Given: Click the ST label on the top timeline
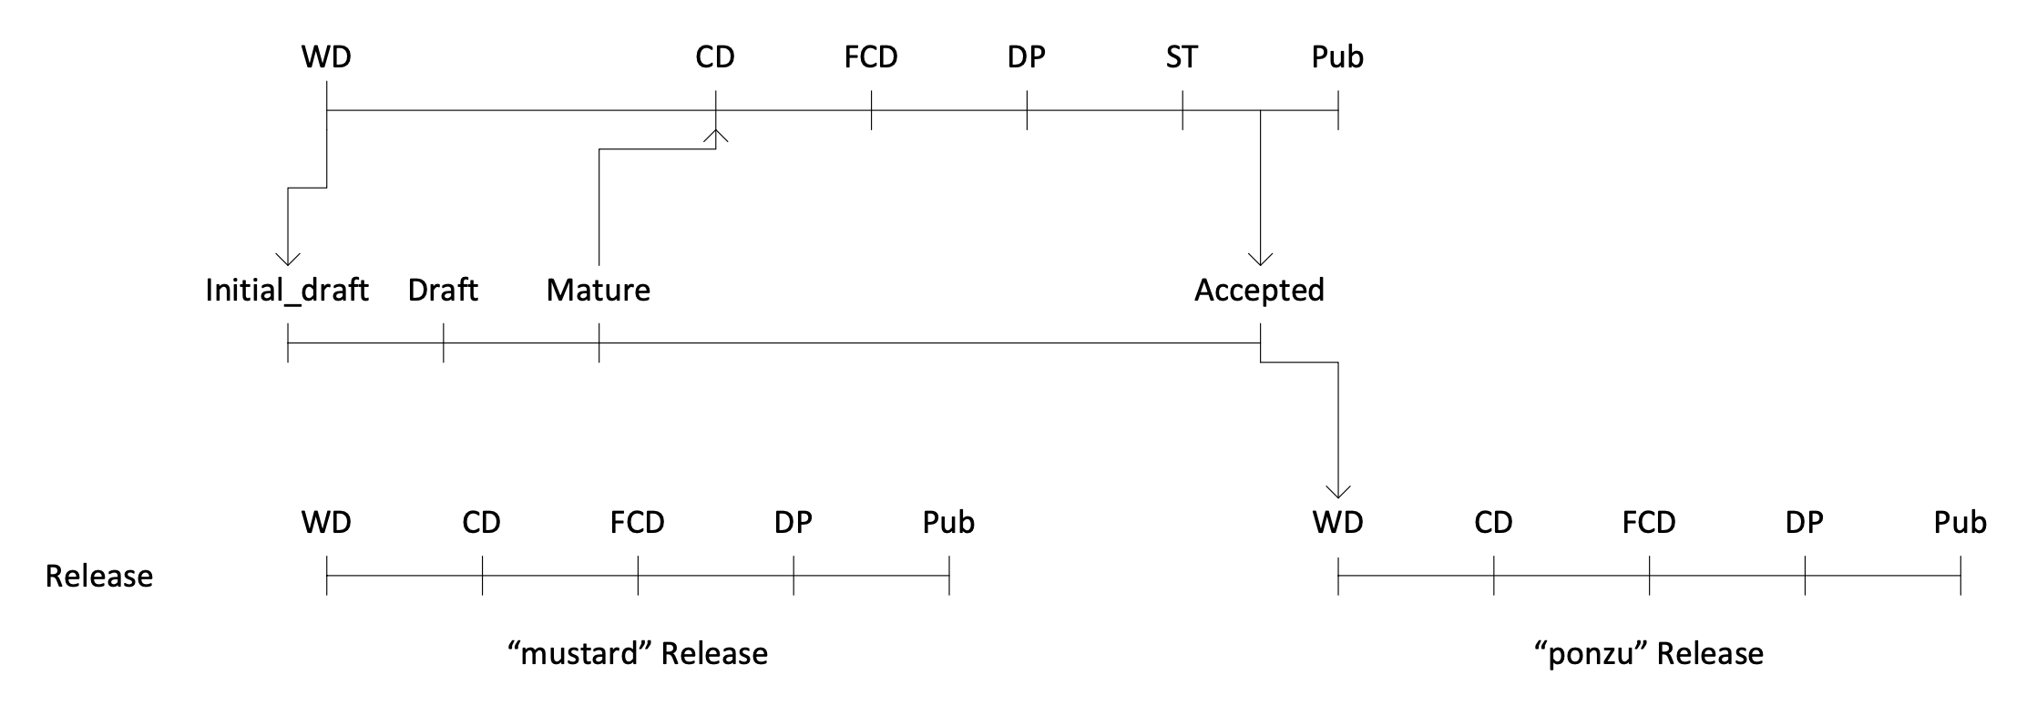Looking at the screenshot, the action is point(1182,57).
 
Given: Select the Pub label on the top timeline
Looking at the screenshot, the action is point(1337,57).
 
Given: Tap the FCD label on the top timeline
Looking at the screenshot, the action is point(871,57).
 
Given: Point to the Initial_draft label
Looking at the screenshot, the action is point(287,291).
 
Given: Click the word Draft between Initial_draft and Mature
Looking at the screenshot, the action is point(443,291).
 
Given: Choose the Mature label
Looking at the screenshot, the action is point(599,291).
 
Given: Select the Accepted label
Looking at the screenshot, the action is point(1259,291).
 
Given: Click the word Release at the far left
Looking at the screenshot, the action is point(99,577).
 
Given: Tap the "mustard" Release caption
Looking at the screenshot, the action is point(638,654).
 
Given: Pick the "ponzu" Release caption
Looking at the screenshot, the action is point(1649,654).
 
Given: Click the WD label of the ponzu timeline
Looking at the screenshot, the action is point(1337,523).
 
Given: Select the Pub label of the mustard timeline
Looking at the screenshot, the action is point(948,523).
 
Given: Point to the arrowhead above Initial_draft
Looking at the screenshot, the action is point(288,259).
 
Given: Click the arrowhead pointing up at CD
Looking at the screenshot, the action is point(716,136).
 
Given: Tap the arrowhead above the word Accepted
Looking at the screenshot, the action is point(1260,259).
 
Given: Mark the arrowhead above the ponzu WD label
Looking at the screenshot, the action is point(1337,492).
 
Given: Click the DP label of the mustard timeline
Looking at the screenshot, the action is point(793,523).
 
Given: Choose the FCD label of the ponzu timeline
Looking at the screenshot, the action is point(1649,523).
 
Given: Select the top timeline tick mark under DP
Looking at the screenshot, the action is point(1027,110).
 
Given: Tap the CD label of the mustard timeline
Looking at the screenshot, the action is point(481,523).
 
